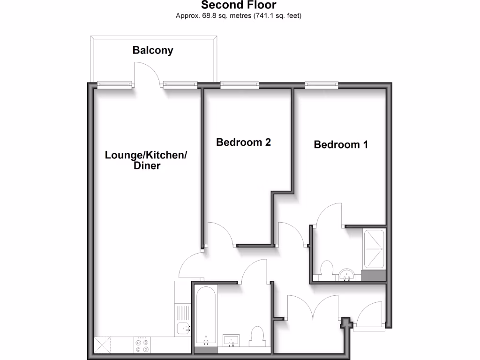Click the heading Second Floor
click(239, 6)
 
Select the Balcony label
click(153, 50)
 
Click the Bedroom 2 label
click(243, 142)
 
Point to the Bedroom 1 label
click(341, 144)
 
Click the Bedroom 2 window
click(240, 85)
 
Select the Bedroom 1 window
click(322, 85)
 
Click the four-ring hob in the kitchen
click(142, 345)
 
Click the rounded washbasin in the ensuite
click(347, 274)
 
